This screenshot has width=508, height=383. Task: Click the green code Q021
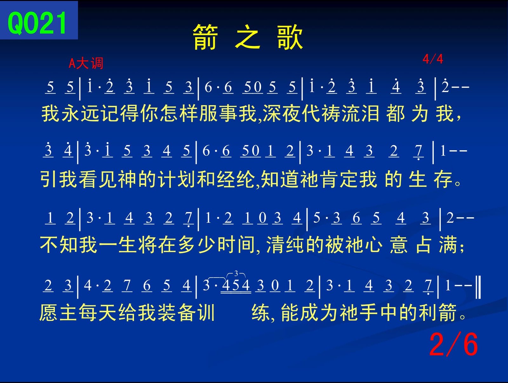click(x=37, y=23)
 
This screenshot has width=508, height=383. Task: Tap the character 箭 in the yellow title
click(x=205, y=37)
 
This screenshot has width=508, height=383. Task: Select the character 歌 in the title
click(x=290, y=37)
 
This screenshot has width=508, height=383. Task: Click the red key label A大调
click(x=86, y=63)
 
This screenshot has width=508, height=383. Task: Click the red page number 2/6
click(x=453, y=344)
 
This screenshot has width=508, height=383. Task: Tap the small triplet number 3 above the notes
click(x=236, y=273)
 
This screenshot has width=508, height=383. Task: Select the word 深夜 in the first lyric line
click(x=282, y=113)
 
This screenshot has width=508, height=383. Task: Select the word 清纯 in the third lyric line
click(x=285, y=245)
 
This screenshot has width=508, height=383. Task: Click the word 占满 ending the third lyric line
click(x=436, y=245)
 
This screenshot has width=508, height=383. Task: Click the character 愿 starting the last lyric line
click(x=49, y=312)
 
